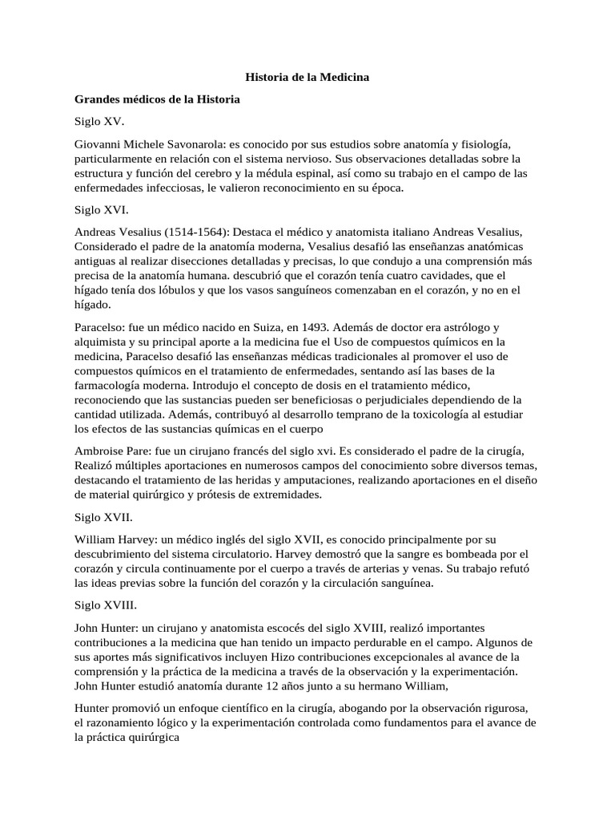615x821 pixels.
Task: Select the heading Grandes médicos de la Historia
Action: pyautogui.click(x=157, y=99)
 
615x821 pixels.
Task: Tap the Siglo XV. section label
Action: pyautogui.click(x=100, y=122)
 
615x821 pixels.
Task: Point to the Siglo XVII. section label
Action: pyautogui.click(x=103, y=517)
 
